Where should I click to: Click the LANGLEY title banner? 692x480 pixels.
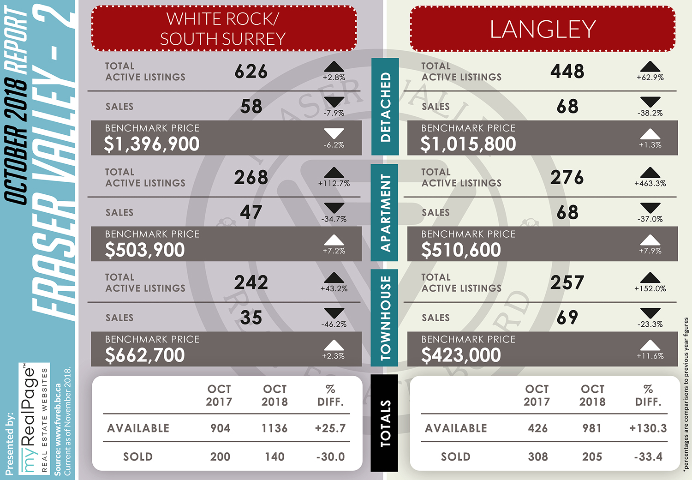point(543,29)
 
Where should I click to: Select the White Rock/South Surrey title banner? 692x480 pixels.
point(224,29)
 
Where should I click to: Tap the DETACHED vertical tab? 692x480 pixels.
point(385,107)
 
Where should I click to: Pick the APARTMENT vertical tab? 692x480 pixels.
point(384,213)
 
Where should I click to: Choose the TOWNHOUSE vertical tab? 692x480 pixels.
point(384,318)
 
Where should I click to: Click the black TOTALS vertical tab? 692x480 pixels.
point(384,423)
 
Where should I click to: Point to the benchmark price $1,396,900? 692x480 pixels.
point(152,144)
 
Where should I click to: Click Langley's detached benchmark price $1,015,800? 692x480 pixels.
point(468,144)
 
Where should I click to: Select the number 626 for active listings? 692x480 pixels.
point(251,72)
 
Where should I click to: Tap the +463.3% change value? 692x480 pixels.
point(650,184)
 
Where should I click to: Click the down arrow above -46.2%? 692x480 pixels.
point(334,313)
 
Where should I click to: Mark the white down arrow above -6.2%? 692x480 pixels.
point(334,133)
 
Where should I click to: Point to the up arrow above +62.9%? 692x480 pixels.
point(650,67)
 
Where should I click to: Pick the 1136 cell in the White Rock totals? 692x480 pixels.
point(274,428)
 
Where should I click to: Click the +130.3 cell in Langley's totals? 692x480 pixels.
point(648,428)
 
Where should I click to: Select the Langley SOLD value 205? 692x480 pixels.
point(592,457)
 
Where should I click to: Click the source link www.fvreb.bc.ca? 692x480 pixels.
point(58,420)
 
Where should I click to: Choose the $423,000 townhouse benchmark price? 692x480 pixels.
point(461,355)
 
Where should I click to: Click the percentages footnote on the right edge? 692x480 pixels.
point(686,395)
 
